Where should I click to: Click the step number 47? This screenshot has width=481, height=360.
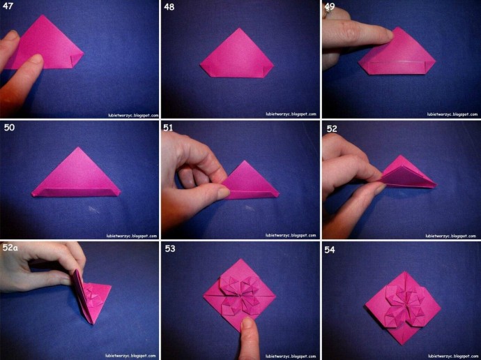(8, 6)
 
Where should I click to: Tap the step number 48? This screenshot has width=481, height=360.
(169, 7)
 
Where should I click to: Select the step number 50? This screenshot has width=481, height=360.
(9, 128)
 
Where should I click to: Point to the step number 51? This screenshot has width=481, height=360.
(168, 128)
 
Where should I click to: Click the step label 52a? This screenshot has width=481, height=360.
(10, 248)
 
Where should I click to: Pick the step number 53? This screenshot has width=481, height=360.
(170, 248)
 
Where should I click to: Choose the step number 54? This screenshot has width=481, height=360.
(330, 250)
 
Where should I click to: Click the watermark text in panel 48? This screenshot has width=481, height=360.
(291, 114)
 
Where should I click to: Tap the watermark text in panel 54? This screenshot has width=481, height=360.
(453, 356)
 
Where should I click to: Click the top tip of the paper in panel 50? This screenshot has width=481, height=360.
(79, 147)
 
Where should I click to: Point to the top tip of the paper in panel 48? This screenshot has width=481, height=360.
(239, 29)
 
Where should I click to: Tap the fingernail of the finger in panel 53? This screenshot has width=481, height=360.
(247, 323)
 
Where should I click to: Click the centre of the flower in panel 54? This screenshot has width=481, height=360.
(402, 304)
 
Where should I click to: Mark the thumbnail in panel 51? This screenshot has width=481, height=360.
(224, 192)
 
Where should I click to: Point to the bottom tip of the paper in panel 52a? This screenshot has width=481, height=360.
(92, 323)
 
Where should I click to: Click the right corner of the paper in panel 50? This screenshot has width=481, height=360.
(120, 193)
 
